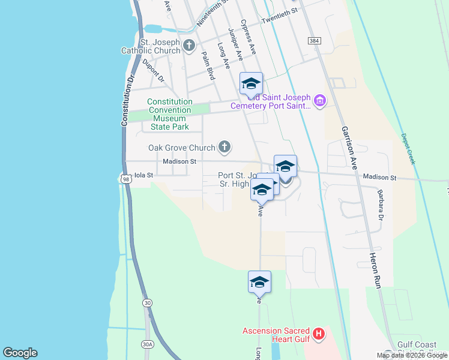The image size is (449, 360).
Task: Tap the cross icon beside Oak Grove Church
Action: pyautogui.click(x=224, y=146)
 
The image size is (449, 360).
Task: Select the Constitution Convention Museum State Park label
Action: pyautogui.click(x=170, y=115)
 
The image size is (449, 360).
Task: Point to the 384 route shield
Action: pyautogui.click(x=313, y=41)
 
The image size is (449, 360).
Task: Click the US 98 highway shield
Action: pyautogui.click(x=125, y=179)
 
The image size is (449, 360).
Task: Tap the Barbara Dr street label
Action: pyautogui.click(x=380, y=205)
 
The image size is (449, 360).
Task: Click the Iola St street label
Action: pyautogui.click(x=144, y=175)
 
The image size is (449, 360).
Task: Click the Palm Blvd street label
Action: pyautogui.click(x=208, y=65)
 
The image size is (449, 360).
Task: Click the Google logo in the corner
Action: pyautogui.click(x=20, y=353)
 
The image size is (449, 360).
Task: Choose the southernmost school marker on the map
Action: pyautogui.click(x=259, y=282)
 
